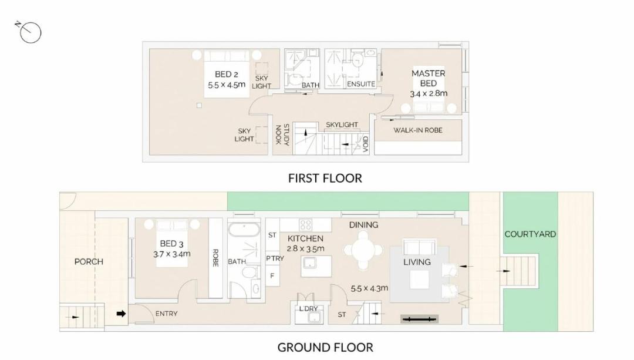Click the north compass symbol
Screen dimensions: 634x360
point(29,32)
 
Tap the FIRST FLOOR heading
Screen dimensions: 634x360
point(325,179)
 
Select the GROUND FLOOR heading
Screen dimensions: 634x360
point(325,348)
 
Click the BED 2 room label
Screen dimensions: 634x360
point(227,75)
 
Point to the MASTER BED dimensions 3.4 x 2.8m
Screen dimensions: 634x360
point(429,93)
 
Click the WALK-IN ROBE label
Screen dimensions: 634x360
point(418,130)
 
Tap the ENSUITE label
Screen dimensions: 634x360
point(361,84)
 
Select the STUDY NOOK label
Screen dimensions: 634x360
point(282,134)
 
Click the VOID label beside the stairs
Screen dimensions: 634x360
point(366,144)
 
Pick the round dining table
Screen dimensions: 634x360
point(363,250)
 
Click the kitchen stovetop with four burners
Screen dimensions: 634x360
point(306,224)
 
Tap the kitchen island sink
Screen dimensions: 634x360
point(310,263)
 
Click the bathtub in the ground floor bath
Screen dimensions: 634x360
point(244,230)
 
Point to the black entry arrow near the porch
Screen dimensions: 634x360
point(121,314)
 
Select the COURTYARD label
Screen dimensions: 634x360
point(530,234)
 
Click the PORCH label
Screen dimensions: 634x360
point(89,262)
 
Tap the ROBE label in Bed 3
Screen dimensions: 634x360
point(215,258)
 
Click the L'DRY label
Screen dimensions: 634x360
point(308,309)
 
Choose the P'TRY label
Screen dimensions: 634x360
point(275,258)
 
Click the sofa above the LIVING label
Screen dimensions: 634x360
point(419,247)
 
